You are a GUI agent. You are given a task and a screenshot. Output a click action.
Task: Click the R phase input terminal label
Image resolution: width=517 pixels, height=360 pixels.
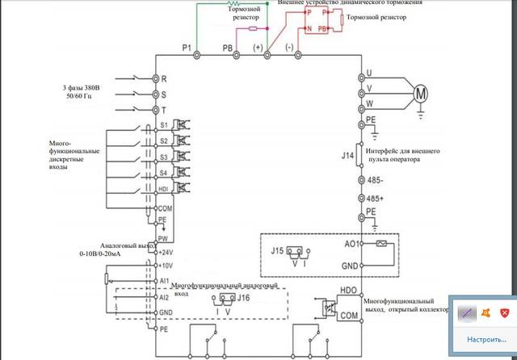164,80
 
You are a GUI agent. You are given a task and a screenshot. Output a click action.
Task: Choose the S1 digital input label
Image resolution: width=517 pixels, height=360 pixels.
164,126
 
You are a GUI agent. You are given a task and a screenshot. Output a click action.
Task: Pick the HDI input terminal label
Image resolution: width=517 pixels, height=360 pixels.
165,189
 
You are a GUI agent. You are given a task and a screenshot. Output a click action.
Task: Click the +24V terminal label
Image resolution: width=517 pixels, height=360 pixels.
167,252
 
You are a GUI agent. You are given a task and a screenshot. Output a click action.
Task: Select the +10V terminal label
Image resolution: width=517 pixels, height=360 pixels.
167,265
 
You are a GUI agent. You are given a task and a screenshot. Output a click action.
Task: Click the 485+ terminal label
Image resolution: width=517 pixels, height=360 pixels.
375,199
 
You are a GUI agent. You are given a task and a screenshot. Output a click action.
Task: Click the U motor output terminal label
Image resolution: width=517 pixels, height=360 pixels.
369,74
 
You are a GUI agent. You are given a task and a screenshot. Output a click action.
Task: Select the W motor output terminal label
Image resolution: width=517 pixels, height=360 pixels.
369,103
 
